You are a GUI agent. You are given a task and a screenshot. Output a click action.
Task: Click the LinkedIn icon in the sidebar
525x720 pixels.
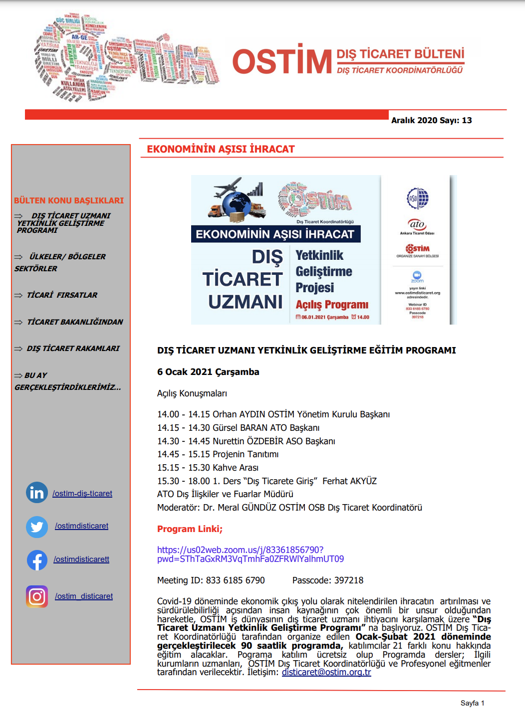coord(37,493)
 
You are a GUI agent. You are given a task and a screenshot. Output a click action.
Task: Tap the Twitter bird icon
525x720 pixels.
coord(37,527)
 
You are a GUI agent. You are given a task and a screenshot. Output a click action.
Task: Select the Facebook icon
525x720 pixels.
coord(37,560)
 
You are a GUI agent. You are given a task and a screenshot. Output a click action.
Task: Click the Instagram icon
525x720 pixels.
coord(37,596)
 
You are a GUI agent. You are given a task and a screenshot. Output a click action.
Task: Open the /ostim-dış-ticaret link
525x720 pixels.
coord(82,494)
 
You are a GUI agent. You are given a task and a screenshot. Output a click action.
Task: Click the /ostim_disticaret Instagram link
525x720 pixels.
coord(84,596)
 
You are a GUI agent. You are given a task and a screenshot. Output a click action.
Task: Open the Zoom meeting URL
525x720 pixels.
coord(250,554)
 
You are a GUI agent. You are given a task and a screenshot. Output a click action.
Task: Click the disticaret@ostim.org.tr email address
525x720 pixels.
coord(326,672)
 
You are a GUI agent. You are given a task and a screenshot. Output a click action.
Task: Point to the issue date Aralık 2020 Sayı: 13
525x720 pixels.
coord(431,120)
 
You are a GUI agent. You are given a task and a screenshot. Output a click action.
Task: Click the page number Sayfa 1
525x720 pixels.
coord(472,703)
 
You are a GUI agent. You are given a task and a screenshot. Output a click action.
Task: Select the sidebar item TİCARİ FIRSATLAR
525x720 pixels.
coord(62,295)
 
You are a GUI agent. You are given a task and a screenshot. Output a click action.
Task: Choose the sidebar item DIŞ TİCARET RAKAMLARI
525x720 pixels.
coord(73,349)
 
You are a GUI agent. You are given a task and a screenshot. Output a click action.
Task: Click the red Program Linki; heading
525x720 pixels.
coord(190,529)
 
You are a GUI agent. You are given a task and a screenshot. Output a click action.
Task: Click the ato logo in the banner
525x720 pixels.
coord(417,224)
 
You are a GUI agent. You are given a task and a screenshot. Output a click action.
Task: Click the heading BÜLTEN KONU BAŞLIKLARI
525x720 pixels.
coord(69,200)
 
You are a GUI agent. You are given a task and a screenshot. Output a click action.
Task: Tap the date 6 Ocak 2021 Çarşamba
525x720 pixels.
coord(208,372)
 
